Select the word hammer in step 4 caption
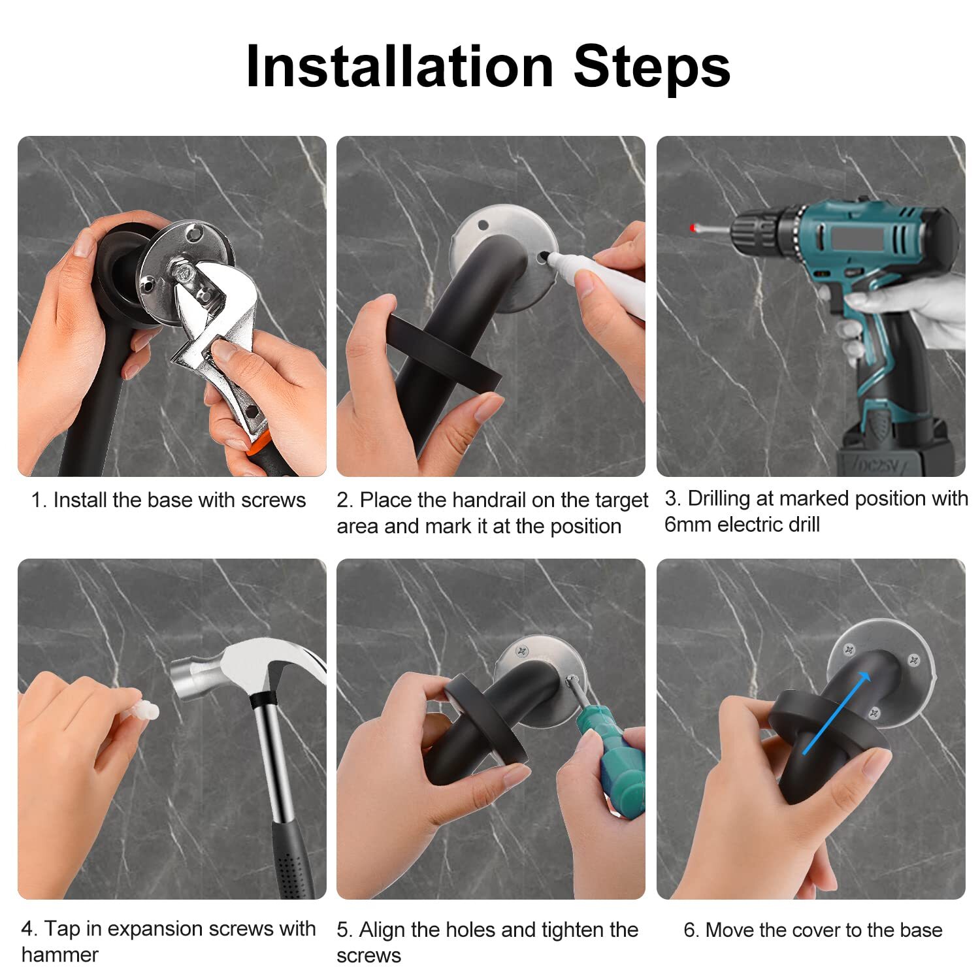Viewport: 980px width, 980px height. tap(60, 955)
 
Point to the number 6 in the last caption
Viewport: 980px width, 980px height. tap(689, 930)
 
